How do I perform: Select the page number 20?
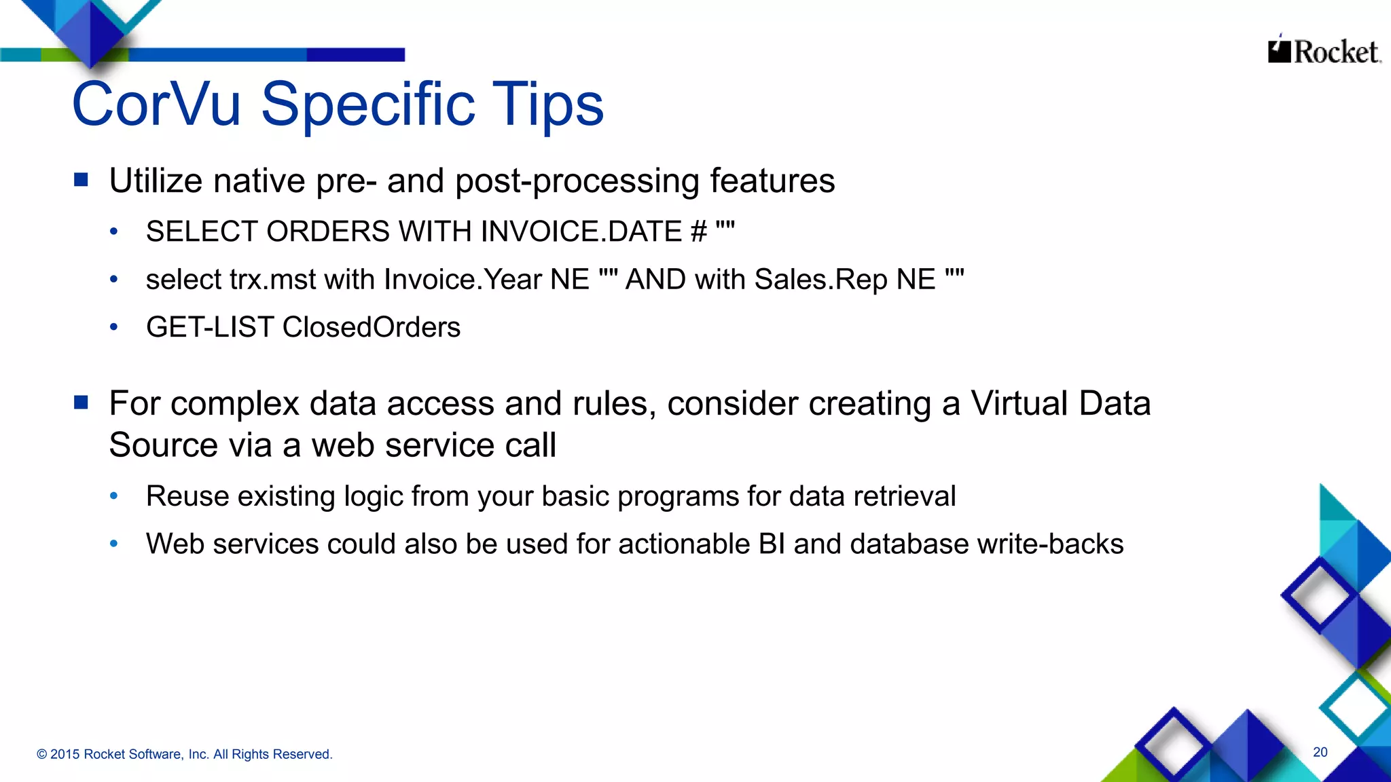[x=1320, y=752]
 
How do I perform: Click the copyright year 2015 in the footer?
[x=65, y=754]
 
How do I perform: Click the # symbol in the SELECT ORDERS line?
[x=699, y=231]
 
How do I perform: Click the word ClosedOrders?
[x=371, y=327]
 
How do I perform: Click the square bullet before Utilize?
[x=82, y=180]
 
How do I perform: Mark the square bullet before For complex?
[x=82, y=403]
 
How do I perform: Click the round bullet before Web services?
[x=114, y=544]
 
